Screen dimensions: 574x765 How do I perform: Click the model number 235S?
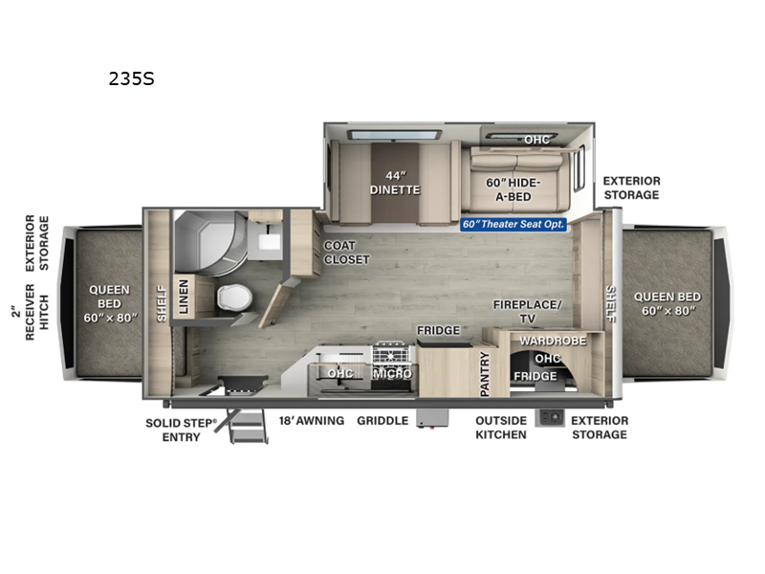pyautogui.click(x=132, y=79)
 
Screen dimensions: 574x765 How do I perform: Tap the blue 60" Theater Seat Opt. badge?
pyautogui.click(x=514, y=224)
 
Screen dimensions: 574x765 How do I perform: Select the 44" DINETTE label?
pyautogui.click(x=395, y=182)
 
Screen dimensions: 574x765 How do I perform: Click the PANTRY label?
pyautogui.click(x=485, y=374)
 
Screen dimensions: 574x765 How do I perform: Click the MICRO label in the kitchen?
pyautogui.click(x=393, y=373)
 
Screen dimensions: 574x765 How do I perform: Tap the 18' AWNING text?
pyautogui.click(x=312, y=420)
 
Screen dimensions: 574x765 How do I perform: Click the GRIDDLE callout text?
pyautogui.click(x=383, y=420)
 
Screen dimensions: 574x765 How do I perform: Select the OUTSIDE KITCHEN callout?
pyautogui.click(x=501, y=427)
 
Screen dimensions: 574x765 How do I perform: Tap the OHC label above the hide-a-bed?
pyautogui.click(x=536, y=140)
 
